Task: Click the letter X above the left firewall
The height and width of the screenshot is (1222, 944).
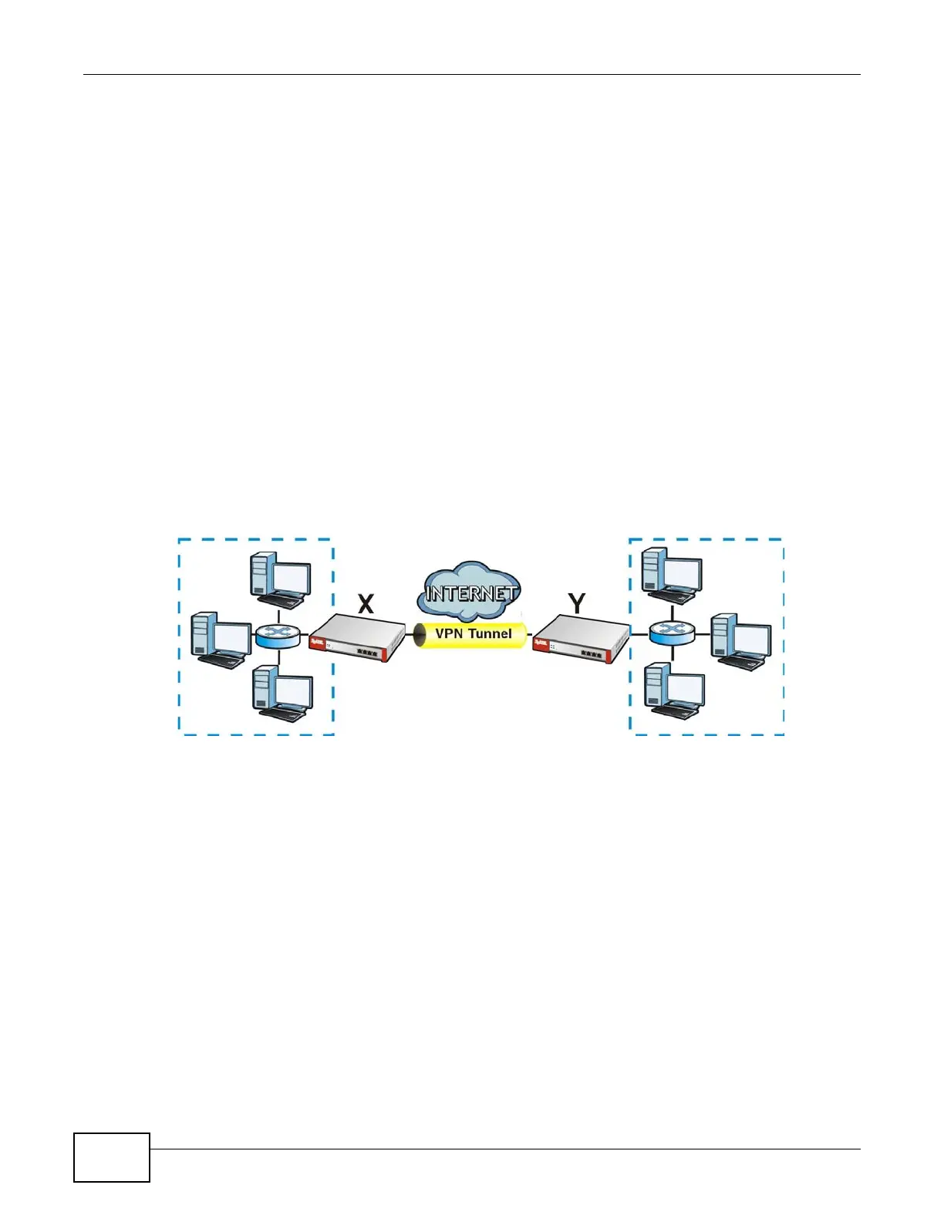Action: (x=366, y=603)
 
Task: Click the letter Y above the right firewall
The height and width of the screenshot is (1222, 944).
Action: (x=576, y=603)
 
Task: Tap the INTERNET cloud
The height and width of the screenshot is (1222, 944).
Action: (x=470, y=592)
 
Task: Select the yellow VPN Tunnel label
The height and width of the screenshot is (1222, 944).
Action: (x=472, y=633)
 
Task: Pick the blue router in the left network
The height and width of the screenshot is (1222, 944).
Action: (x=277, y=636)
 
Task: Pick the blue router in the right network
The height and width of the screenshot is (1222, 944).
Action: (x=672, y=633)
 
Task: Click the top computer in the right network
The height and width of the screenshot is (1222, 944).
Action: (x=672, y=573)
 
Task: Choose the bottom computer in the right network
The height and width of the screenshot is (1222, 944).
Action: (x=674, y=690)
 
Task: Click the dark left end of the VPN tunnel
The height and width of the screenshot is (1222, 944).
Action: (x=420, y=634)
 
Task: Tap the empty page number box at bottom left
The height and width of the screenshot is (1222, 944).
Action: (x=112, y=1157)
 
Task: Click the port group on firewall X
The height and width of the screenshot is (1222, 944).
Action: (x=367, y=653)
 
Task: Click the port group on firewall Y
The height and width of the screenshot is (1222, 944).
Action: (x=592, y=653)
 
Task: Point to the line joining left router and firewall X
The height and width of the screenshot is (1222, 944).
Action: (x=305, y=636)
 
